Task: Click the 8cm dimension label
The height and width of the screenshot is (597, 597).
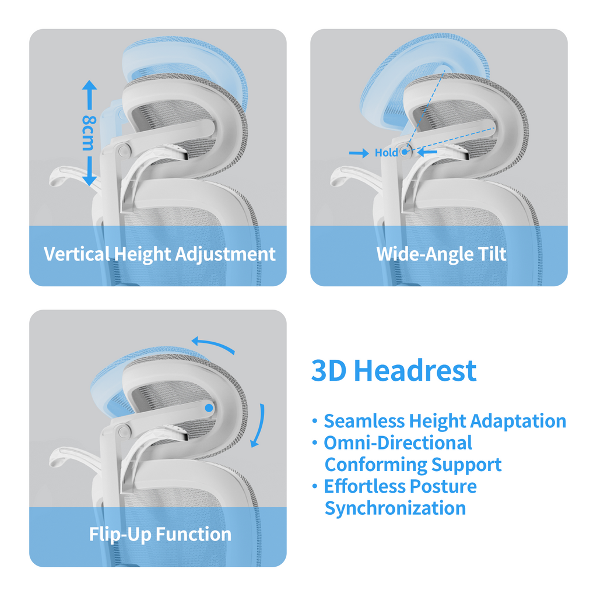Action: (88, 133)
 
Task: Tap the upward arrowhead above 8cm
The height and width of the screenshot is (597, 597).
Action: (89, 86)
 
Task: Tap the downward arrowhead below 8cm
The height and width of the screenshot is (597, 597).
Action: (89, 180)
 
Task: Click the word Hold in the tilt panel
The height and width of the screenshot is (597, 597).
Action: (386, 153)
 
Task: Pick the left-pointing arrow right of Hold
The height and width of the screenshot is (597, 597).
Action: (428, 152)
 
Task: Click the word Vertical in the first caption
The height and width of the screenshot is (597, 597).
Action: (76, 254)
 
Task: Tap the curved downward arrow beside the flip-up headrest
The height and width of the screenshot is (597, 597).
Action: (258, 426)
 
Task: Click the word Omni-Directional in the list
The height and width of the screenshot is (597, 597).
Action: (398, 443)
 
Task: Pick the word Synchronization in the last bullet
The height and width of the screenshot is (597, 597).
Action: (395, 508)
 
